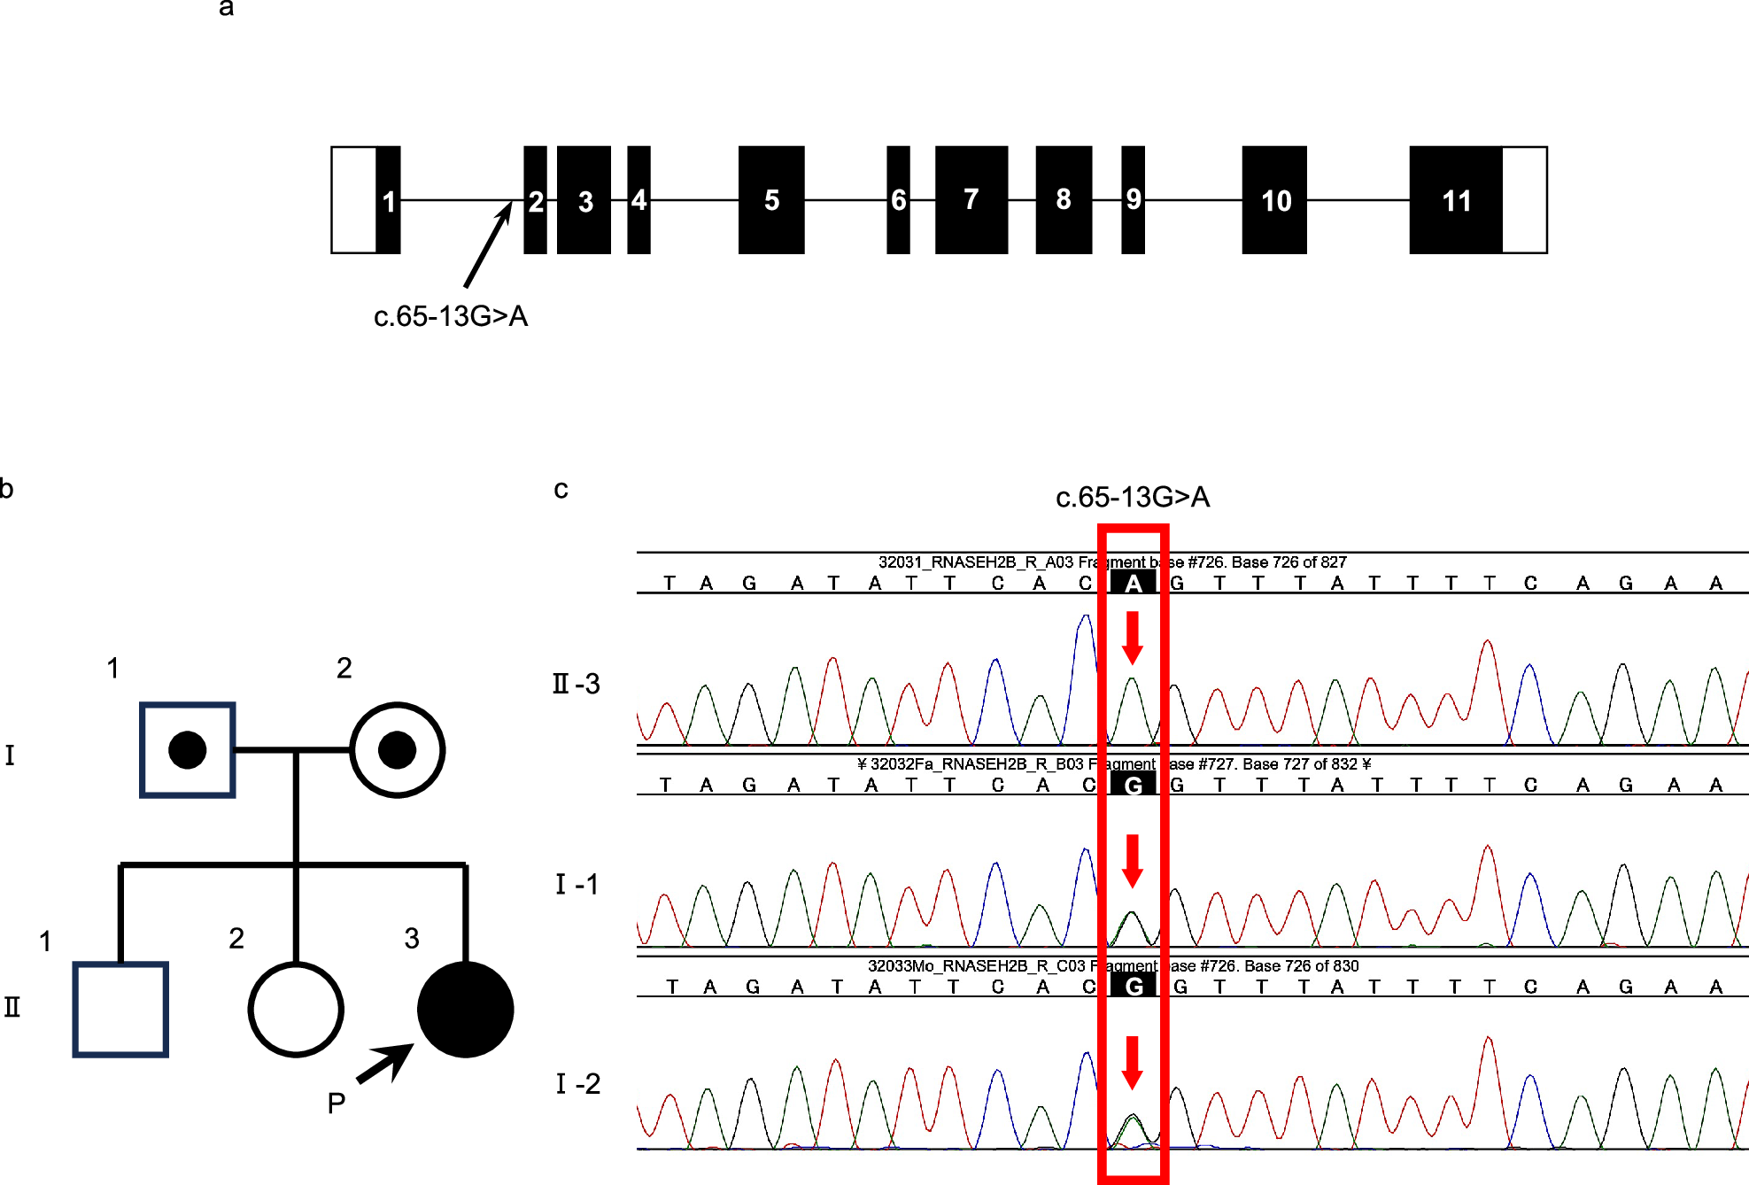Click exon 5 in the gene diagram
tap(771, 200)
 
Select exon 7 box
tap(971, 200)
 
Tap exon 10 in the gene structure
tap(1274, 200)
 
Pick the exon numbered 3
tap(584, 200)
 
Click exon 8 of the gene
tap(1064, 200)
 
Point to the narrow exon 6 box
tap(898, 200)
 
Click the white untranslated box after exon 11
tap(1524, 200)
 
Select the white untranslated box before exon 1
tap(353, 200)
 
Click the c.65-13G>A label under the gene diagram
tap(451, 316)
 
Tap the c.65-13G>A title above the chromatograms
tap(1132, 497)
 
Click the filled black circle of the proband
tap(465, 1009)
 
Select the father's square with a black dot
tap(188, 750)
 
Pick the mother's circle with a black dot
tap(397, 750)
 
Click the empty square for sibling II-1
tap(120, 1010)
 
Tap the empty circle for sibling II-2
tap(296, 1010)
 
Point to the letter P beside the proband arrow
tap(336, 1104)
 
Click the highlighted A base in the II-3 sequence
tap(1133, 583)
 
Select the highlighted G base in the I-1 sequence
tap(1133, 785)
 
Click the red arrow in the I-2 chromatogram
tap(1132, 1062)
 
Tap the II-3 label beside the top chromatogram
tap(577, 684)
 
